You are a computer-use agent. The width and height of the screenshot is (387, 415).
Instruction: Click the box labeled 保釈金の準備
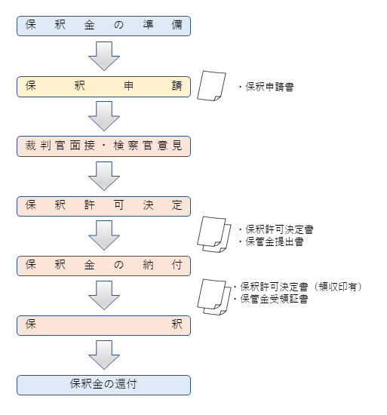103,26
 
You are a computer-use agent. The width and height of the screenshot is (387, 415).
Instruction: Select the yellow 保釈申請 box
103,87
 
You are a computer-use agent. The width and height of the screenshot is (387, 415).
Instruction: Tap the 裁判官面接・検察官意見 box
103,146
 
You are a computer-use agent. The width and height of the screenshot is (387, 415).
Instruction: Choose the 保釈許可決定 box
103,206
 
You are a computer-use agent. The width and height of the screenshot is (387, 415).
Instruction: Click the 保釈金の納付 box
103,266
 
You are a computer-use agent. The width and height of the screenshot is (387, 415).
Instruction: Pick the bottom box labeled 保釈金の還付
103,385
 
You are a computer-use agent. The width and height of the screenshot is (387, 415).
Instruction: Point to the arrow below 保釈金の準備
104,56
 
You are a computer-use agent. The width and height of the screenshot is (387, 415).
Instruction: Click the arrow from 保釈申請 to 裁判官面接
104,116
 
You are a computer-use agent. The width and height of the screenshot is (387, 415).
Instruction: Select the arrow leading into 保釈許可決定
104,176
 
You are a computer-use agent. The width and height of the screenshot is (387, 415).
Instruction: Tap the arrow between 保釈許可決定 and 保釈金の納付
104,235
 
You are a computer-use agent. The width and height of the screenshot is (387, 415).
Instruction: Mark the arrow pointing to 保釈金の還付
104,355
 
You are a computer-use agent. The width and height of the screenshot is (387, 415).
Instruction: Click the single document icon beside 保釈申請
211,85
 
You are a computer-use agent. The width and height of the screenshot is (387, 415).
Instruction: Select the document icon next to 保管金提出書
214,234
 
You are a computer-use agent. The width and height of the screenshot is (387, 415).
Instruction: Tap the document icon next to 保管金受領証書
214,297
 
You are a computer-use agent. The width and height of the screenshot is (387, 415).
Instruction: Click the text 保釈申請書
269,87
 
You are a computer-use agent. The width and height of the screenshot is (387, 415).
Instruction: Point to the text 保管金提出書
275,241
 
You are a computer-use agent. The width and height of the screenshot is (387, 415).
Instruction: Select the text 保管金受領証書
274,299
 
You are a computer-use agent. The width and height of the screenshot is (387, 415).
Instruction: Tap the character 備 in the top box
177,25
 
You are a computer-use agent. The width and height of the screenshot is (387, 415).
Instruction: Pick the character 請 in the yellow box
177,86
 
